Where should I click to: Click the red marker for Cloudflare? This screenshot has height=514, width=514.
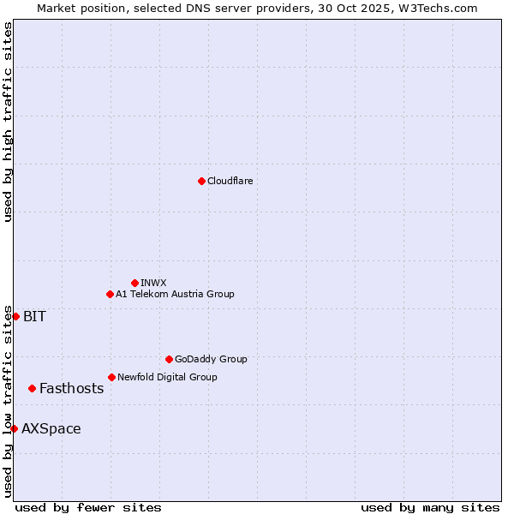(x=201, y=181)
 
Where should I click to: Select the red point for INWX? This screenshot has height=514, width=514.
(x=134, y=283)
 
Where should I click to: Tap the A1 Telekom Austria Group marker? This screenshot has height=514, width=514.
(x=110, y=294)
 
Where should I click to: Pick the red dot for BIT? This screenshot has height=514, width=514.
(x=15, y=316)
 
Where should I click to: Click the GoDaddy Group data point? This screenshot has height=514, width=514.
(x=169, y=359)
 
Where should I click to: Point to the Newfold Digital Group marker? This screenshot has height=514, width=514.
(x=111, y=377)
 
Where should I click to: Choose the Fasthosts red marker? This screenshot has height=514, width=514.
(x=32, y=388)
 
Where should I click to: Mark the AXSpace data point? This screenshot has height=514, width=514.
(x=14, y=428)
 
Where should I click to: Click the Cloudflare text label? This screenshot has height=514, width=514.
(x=230, y=181)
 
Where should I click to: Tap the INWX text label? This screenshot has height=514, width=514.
(x=153, y=283)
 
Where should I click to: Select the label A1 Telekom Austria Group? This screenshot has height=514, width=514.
(x=175, y=294)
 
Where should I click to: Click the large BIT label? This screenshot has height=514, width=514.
(x=34, y=316)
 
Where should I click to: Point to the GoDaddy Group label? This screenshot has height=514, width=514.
(x=211, y=359)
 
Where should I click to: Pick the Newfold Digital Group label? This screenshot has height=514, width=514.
(x=167, y=377)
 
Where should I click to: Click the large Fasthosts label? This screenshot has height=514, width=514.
(x=71, y=388)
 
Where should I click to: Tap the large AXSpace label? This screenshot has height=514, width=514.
(x=51, y=428)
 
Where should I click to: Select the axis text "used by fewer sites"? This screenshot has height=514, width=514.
(x=88, y=507)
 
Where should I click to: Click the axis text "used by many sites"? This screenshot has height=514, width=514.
(x=430, y=507)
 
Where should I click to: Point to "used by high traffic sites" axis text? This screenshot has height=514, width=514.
(x=8, y=123)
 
